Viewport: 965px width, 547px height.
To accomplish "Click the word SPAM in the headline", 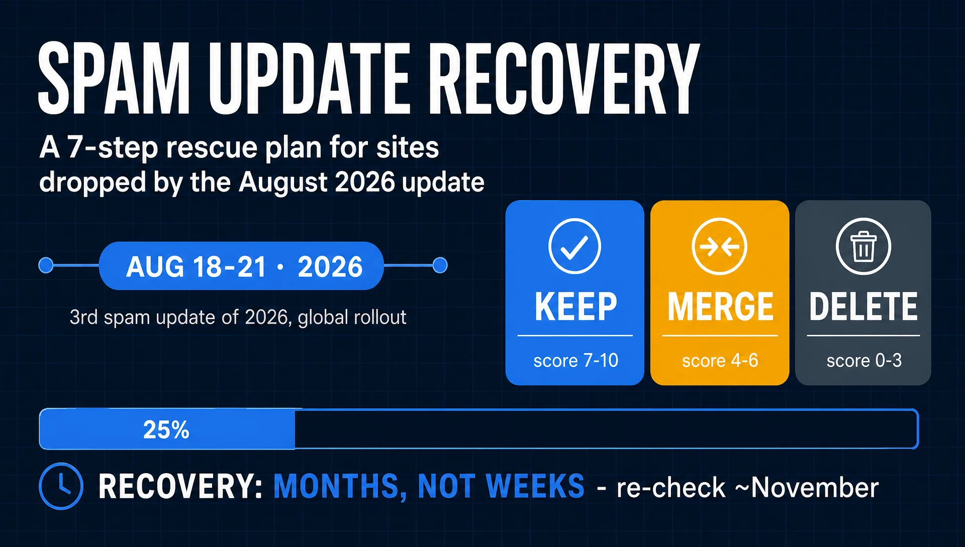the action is (x=114, y=78).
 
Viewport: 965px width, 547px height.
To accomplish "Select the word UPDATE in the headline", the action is (x=309, y=78).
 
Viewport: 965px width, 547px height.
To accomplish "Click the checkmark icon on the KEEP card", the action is (x=574, y=246).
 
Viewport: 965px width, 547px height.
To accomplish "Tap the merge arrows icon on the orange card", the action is (x=719, y=246).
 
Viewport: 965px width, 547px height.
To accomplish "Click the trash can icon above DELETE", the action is (x=863, y=246).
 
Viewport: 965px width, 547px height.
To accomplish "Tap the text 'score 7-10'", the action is (x=575, y=360).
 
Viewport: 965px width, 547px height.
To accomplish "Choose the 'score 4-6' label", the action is (x=720, y=360).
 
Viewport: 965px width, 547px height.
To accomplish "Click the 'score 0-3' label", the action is (x=864, y=360).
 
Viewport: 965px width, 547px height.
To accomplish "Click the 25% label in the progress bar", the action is (x=166, y=430).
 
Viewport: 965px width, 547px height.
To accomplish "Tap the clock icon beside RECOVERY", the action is (x=61, y=486).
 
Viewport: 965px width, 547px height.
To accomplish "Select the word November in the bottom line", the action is (x=815, y=487).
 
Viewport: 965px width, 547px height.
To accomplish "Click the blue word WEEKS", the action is (x=535, y=486).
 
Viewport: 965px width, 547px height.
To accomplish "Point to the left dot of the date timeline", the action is (x=46, y=265).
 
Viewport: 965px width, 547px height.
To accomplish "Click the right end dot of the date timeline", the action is (x=440, y=265).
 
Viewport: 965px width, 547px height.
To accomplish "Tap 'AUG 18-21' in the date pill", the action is (x=196, y=266).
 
